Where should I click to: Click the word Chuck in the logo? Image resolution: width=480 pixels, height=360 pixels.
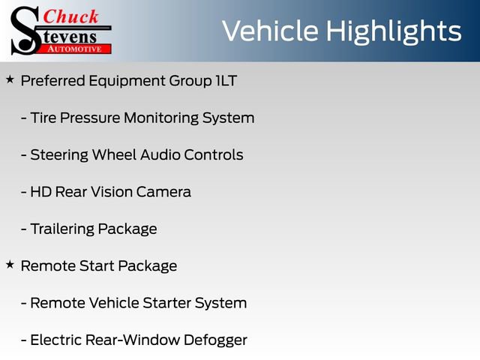[72, 16]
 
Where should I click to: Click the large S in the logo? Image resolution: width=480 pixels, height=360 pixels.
[23, 30]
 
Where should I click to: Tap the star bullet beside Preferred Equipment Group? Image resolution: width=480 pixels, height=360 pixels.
[10, 79]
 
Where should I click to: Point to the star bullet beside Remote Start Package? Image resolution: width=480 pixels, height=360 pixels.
[10, 265]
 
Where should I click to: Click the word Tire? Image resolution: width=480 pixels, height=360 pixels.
[43, 118]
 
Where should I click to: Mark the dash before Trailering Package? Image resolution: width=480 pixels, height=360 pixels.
[24, 229]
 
